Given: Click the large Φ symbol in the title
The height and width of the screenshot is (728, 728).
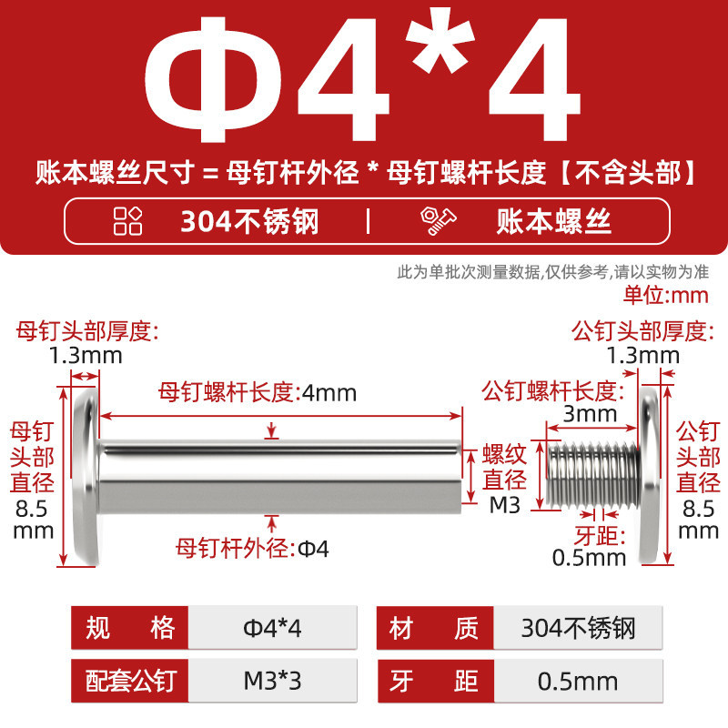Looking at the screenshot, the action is pos(214,80).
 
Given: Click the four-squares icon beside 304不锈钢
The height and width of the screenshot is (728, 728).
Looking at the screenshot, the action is pos(127,220).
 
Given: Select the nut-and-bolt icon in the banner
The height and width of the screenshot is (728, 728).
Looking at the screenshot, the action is pos(438,221).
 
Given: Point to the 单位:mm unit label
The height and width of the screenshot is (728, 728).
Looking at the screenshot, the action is pos(666,295).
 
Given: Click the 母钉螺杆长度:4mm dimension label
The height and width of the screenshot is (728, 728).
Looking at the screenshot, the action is pos(258,393).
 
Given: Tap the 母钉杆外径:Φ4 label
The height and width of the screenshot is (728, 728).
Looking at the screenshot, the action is pos(252,549).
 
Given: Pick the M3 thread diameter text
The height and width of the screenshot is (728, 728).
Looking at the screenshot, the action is pos(505,505).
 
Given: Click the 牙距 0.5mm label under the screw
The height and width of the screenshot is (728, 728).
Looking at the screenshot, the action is pos(589,547).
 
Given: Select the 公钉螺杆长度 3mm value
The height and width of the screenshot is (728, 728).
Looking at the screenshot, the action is pos(590,414).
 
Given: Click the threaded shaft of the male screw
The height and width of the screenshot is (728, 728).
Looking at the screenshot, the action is pos(593,474).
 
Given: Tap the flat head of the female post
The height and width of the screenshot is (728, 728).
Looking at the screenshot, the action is pos(86,475).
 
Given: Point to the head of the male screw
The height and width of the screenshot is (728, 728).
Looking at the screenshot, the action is pos(649,475).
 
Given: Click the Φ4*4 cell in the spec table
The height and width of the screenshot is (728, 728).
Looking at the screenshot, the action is pos(272,628).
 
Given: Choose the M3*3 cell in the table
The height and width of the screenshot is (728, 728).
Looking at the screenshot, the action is pos(272,681).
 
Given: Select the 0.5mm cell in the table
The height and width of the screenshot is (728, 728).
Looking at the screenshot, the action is pos(578,681).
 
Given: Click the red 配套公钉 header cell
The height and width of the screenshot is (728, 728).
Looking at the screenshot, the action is pos(129,681).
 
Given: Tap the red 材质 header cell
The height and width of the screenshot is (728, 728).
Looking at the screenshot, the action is pos(435,628).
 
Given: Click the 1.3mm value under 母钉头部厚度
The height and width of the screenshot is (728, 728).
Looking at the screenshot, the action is pos(86,356).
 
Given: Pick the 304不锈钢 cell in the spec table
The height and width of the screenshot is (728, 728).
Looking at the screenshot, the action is pos(578,628).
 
